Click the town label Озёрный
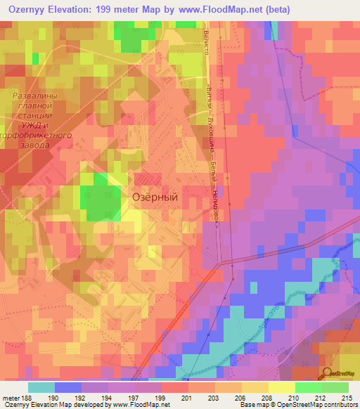coord(155,197)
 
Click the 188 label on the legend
coord(27,397)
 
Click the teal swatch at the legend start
coord(41,387)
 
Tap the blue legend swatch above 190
coord(67,387)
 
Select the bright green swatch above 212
coord(308,387)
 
